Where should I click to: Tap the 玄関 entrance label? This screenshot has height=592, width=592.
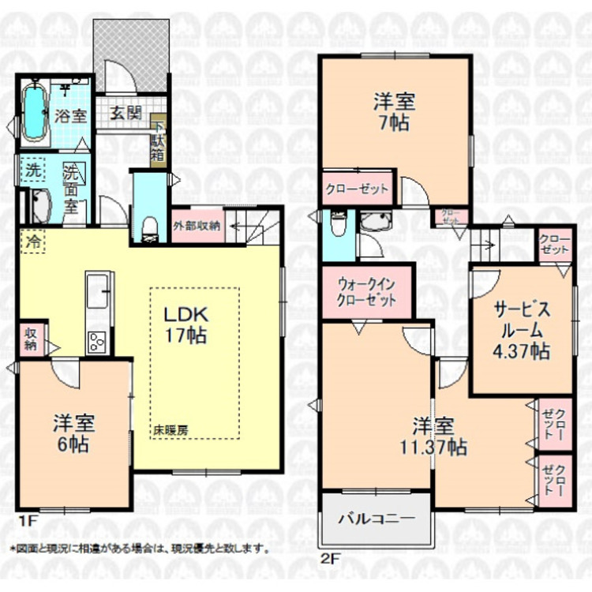126,113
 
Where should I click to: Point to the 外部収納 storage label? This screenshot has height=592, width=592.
197,224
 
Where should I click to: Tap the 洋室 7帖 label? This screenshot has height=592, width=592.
394,112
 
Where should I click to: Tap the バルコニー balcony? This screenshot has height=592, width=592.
377,519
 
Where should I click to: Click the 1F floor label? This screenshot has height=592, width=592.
28,521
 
